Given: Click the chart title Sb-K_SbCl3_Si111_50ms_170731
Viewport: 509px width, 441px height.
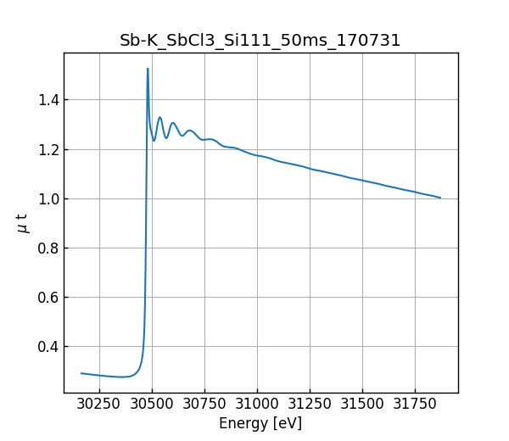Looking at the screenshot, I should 260,40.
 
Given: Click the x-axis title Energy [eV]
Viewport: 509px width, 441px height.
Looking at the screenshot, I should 260,423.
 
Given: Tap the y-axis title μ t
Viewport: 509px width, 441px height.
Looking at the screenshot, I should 23,223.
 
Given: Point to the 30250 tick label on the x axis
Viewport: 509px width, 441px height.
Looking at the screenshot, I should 99,405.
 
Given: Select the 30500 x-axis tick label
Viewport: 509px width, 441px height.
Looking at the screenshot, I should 152,405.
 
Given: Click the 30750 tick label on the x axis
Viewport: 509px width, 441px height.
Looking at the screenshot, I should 204,405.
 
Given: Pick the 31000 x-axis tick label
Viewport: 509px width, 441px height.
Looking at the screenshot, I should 257,405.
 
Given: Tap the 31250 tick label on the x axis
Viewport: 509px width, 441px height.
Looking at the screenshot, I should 310,405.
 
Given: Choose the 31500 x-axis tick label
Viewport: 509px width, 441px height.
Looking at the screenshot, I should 362,405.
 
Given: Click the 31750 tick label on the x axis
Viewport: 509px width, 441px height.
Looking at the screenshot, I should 415,405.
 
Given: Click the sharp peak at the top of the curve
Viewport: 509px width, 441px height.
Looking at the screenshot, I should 148,70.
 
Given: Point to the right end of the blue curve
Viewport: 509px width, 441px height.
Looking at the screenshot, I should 440,198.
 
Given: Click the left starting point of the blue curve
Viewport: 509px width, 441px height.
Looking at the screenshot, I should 81,373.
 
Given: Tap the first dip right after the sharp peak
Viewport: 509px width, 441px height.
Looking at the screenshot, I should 154,140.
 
